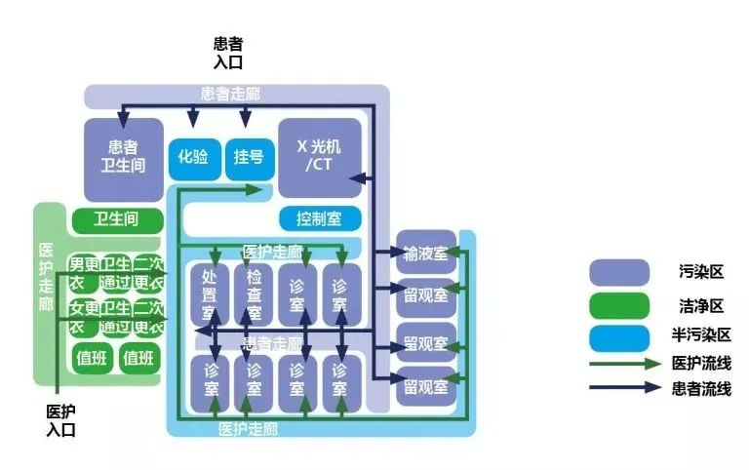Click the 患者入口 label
pyautogui.click(x=227, y=53)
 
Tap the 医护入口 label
pyautogui.click(x=60, y=420)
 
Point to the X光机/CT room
pyautogui.click(x=320, y=156)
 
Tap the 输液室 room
pyautogui.click(x=426, y=254)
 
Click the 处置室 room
pyautogui.click(x=209, y=294)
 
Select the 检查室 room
pyautogui.click(x=253, y=294)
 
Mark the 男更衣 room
pyautogui.click(x=82, y=273)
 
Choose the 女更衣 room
pyautogui.click(x=82, y=317)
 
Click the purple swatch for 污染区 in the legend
pyautogui.click(x=619, y=272)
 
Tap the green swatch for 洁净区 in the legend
pyautogui.click(x=619, y=305)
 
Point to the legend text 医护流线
pyautogui.click(x=701, y=363)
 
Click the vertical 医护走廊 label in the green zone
pyautogui.click(x=46, y=278)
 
